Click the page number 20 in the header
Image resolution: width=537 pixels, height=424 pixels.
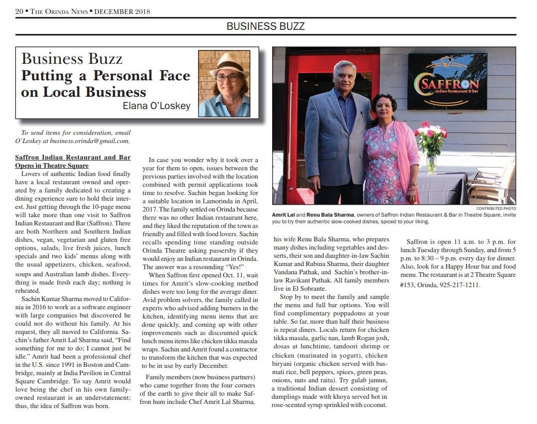(20, 11)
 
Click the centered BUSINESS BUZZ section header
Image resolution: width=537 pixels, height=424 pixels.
(265, 26)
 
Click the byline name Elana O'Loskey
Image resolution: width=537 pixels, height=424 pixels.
(157, 106)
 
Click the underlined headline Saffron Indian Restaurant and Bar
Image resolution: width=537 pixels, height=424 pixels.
(73, 157)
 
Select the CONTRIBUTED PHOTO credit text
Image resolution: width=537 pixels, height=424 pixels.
(496, 208)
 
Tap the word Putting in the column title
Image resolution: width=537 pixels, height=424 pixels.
(46, 76)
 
